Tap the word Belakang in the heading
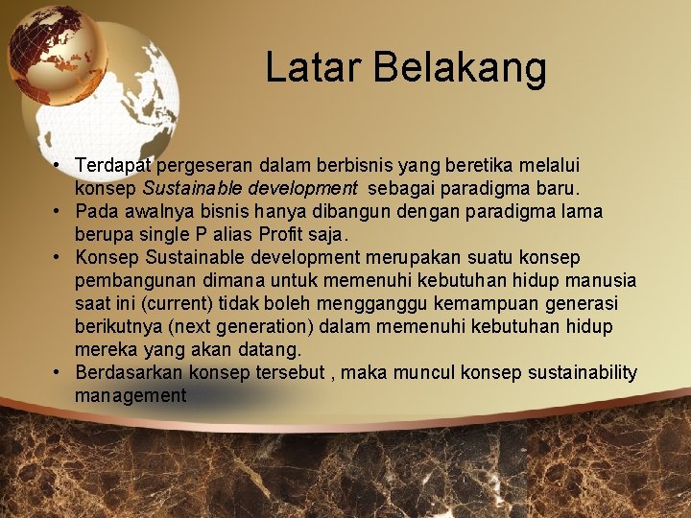(459, 68)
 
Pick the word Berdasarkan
(130, 372)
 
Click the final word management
(130, 395)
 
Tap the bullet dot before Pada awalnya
(59, 211)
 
